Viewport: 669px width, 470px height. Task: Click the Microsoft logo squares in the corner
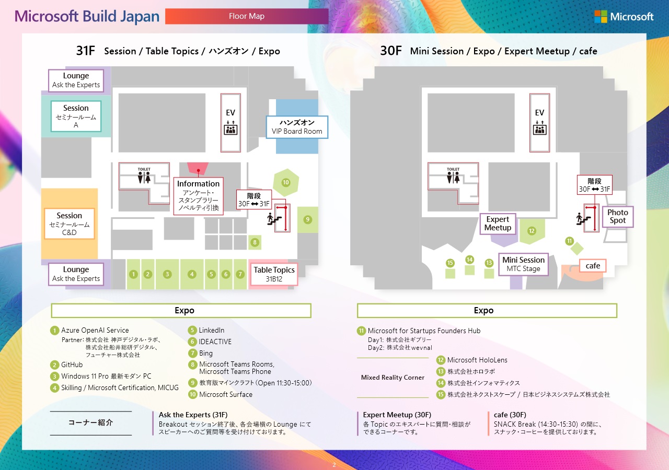coord(601,17)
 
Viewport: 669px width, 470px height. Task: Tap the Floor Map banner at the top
coord(247,16)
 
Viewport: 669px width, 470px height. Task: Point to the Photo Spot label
coord(617,216)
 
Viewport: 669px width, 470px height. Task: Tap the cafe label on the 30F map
coord(593,266)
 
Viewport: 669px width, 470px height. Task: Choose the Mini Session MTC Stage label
coord(523,264)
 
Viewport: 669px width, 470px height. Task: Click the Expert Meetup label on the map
coord(498,224)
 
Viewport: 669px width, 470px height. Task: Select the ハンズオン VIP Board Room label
coord(297,127)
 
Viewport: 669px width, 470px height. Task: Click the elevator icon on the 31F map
coord(230,129)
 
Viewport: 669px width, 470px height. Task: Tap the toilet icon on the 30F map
coord(453,178)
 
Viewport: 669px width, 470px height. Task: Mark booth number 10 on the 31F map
coord(286,182)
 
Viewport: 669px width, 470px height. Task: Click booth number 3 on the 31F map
coord(167,274)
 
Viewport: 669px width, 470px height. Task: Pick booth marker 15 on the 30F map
coord(450,263)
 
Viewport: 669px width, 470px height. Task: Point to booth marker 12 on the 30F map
coord(532,231)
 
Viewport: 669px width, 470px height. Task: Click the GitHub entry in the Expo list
coord(72,365)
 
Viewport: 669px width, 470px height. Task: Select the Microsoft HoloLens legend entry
coord(477,360)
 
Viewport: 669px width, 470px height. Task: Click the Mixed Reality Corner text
coord(393,378)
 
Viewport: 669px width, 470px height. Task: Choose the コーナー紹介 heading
coord(90,422)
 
